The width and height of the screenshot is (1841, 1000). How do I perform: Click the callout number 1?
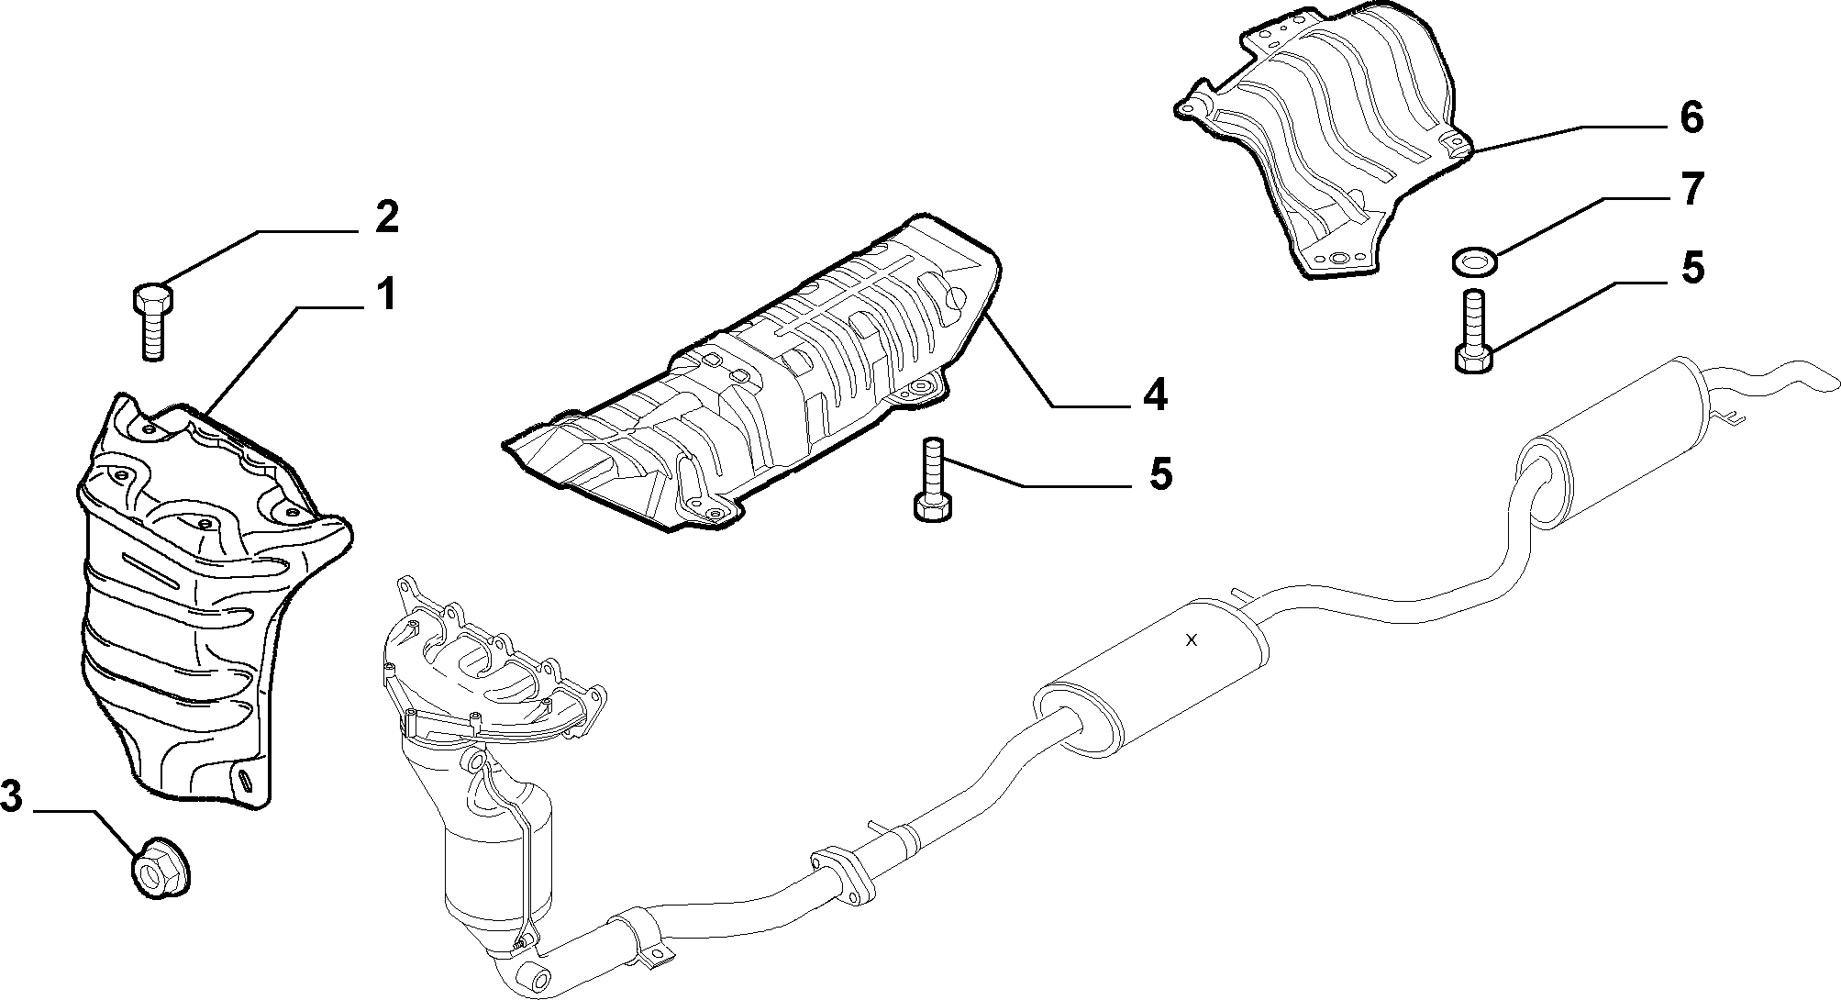click(x=386, y=296)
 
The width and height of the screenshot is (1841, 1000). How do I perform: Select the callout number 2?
click(x=386, y=217)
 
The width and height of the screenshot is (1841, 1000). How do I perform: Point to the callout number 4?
click(x=1154, y=394)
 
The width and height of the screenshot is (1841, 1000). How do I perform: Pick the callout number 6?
click(x=1691, y=117)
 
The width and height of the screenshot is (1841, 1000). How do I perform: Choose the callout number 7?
click(x=1691, y=190)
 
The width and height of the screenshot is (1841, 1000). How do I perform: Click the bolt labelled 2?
click(x=152, y=323)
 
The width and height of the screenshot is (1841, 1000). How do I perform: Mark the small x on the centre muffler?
click(x=1191, y=640)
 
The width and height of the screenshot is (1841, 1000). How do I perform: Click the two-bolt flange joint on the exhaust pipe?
click(x=840, y=872)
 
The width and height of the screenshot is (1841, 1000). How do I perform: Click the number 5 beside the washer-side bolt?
click(x=1691, y=269)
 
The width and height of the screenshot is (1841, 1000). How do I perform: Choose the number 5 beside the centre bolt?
click(x=1160, y=474)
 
